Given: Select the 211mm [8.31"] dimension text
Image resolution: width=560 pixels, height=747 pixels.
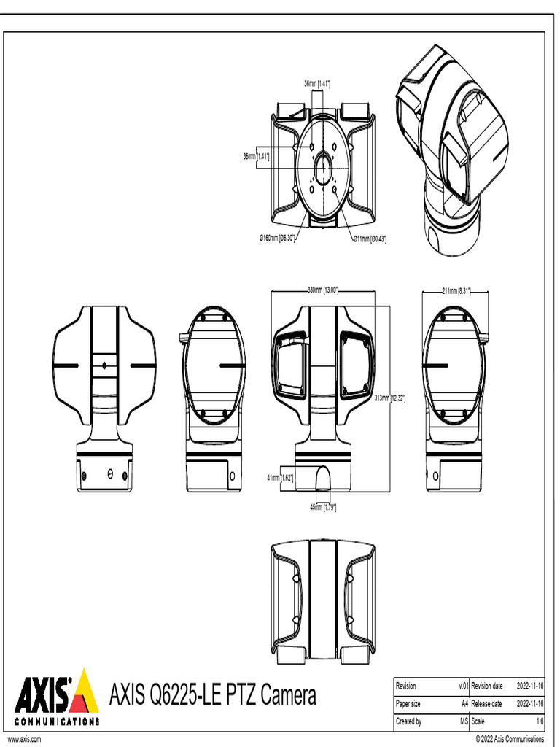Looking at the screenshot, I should (x=456, y=291).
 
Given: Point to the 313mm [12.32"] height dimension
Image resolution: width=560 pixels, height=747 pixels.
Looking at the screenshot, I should (x=390, y=398).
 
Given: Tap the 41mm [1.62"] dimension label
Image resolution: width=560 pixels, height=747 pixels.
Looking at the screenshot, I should (x=280, y=478).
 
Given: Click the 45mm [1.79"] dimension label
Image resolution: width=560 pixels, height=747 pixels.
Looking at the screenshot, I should (x=323, y=506).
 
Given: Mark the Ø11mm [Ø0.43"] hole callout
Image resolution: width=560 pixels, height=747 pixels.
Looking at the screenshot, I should (x=370, y=239).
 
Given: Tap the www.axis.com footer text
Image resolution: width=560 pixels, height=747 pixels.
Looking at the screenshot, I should (x=24, y=739).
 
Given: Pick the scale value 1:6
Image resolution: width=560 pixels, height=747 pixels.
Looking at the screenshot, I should (x=540, y=721).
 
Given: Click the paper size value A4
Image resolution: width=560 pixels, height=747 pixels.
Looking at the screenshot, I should (x=464, y=704).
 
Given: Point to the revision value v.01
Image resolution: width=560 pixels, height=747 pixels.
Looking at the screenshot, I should (x=462, y=686).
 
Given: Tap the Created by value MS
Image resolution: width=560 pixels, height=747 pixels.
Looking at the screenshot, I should (x=463, y=721).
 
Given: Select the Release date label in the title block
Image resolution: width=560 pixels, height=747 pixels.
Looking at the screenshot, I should (x=486, y=704).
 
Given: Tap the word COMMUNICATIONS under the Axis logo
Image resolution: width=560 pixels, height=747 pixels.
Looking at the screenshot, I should (x=57, y=721).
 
